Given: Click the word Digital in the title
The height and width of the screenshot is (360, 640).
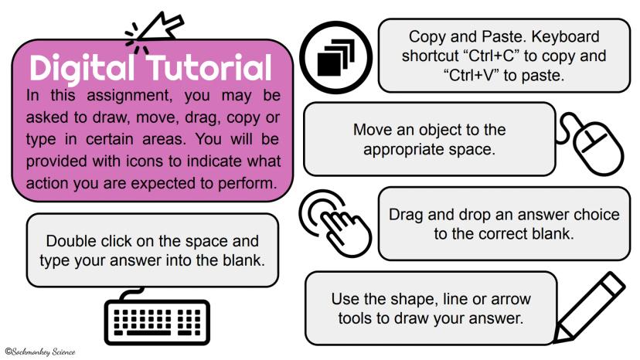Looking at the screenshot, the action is pyautogui.click(x=82, y=68).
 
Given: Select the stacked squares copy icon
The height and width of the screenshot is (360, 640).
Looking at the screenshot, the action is pyautogui.click(x=336, y=57).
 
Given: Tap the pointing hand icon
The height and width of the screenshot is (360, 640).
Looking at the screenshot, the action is pyautogui.click(x=335, y=222).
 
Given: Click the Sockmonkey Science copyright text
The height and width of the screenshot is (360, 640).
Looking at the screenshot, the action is pyautogui.click(x=40, y=352).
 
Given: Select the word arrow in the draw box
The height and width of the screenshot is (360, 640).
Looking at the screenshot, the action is pyautogui.click(x=511, y=299).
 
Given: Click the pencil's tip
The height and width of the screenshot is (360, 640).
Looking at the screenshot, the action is pyautogui.click(x=555, y=341).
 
